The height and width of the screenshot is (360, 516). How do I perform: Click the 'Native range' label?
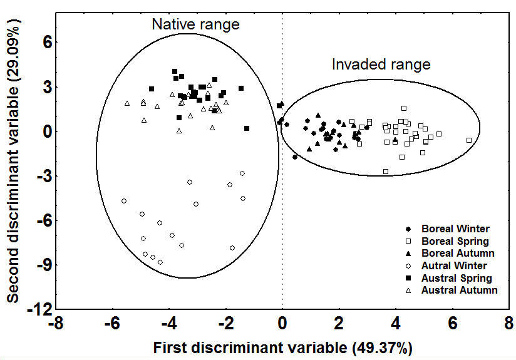[196, 24]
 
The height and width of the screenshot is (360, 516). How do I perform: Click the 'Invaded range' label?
[381, 64]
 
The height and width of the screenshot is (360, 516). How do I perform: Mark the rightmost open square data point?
[469, 140]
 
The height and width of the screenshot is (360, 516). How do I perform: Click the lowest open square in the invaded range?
[386, 172]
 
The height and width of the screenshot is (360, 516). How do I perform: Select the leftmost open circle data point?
[124, 201]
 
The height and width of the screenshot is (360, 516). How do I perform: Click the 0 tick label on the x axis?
[282, 324]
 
